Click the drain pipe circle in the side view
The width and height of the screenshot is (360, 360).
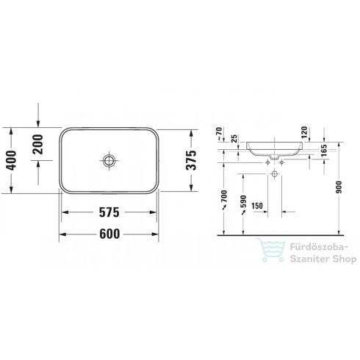tap(275, 174)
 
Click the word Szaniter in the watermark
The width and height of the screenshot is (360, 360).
tap(303, 259)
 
